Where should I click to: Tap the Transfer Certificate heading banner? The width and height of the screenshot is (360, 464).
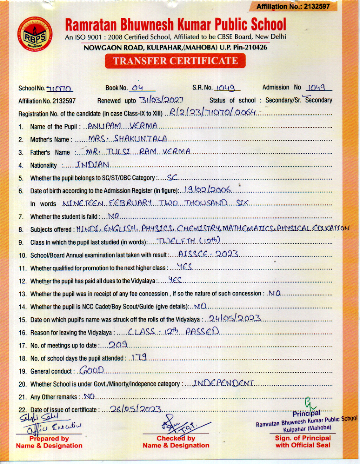tap(175, 61)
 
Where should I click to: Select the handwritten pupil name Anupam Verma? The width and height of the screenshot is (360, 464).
tap(122, 126)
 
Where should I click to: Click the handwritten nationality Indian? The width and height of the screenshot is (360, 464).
tap(93, 165)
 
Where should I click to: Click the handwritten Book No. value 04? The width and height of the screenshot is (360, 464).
tap(137, 88)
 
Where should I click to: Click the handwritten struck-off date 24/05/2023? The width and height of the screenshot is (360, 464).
tap(234, 319)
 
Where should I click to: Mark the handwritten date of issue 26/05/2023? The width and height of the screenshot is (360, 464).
tap(136, 409)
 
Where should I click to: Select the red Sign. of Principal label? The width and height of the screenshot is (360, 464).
tap(303, 441)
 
